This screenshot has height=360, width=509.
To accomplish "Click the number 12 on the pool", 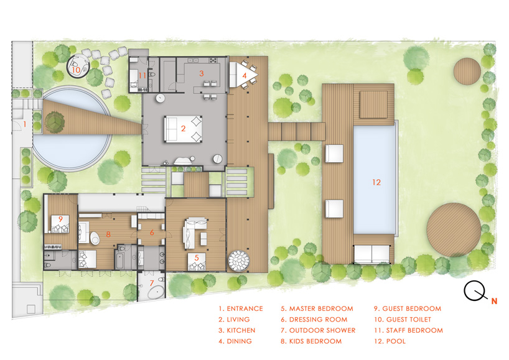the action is [x=376, y=182].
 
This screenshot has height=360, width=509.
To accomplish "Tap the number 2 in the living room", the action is [x=183, y=129].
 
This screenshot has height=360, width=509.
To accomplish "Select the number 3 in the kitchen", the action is [x=201, y=73].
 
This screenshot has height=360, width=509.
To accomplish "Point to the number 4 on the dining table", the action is [x=245, y=76].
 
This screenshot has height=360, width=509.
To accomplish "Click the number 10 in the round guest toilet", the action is [x=76, y=70].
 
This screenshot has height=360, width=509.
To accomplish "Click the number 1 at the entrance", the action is [x=25, y=124].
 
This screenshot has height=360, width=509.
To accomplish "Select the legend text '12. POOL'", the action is [x=390, y=341].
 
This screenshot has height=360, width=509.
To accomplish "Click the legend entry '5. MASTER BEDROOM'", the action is [x=317, y=308].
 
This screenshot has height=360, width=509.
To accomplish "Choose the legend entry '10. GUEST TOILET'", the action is [x=403, y=320].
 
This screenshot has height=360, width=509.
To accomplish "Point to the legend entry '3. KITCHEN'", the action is [x=236, y=330].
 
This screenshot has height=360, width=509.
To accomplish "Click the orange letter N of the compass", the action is [x=494, y=302].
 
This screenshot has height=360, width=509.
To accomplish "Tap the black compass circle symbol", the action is [x=474, y=291].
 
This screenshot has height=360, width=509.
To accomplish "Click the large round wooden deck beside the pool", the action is [x=454, y=229].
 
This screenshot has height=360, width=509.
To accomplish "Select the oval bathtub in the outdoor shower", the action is [x=157, y=293].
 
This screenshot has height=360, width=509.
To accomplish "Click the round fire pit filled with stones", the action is [x=239, y=261].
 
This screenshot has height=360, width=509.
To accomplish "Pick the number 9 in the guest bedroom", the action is [x=60, y=219].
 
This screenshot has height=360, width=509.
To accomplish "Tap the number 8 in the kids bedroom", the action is [x=108, y=234].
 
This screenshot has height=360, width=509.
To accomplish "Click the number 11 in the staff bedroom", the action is [x=142, y=76].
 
